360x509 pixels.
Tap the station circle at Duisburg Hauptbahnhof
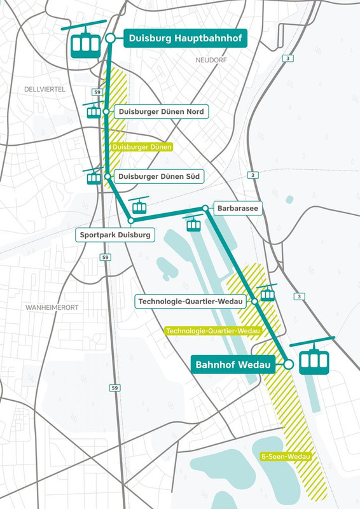point(110,38)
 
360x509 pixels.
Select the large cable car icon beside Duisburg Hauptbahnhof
point(85,44)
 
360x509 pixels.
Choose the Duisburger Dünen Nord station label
point(161,112)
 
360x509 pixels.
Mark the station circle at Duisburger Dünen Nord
point(107,111)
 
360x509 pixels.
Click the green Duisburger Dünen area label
point(142,146)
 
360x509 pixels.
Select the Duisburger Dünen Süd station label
point(160,176)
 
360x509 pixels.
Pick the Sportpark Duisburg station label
point(115,235)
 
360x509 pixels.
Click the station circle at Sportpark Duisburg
point(131,221)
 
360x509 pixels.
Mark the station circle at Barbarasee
point(205,208)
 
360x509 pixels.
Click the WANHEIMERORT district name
point(52,307)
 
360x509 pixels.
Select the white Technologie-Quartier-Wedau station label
point(192,301)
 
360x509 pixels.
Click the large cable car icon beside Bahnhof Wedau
point(312,359)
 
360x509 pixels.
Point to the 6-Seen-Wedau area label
point(285,456)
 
